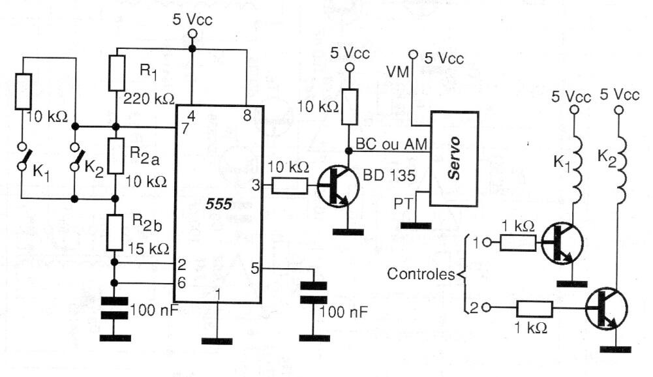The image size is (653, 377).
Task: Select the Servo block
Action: [454, 168]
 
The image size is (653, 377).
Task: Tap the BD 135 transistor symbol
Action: [338, 187]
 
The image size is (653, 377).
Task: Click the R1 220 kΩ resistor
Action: [117, 72]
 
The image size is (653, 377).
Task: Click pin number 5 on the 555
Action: [256, 267]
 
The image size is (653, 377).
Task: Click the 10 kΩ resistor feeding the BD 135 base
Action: [290, 187]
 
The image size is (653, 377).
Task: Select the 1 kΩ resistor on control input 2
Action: [535, 309]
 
